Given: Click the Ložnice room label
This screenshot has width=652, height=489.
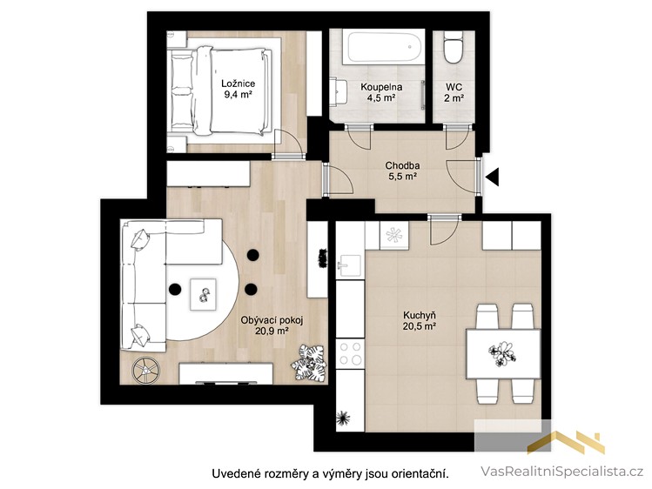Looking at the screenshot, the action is (x=238, y=89).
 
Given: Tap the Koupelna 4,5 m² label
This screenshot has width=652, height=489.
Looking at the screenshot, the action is (x=381, y=92).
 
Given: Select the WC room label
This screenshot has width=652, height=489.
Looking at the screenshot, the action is (x=454, y=92).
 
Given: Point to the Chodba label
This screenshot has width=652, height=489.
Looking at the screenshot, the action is (x=402, y=165).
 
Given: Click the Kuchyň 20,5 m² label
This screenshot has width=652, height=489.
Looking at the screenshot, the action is (x=420, y=320).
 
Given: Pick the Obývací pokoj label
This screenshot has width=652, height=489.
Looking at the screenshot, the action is (x=272, y=320).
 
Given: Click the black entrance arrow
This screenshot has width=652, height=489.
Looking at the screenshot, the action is (x=493, y=177).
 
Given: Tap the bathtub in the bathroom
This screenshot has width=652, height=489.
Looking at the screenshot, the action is (x=384, y=47).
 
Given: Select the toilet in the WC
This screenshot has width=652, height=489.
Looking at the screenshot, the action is (x=453, y=49).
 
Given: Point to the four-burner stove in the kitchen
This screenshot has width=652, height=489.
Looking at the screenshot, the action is (x=350, y=353).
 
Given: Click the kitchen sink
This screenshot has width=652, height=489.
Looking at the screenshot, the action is (x=349, y=265).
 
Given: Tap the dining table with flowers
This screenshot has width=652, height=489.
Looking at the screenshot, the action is (x=503, y=353).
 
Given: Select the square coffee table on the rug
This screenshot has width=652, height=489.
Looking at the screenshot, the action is (x=204, y=294).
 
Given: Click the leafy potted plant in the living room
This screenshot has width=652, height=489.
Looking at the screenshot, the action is (x=309, y=363).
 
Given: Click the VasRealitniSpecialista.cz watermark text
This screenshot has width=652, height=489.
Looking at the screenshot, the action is (x=562, y=471).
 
